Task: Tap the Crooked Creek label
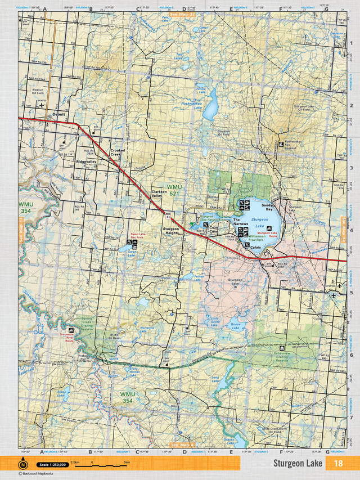point(118,152)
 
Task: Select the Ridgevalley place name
point(86,162)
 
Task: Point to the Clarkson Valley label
point(159,194)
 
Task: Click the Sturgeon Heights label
point(171,231)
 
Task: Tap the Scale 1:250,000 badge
point(52,464)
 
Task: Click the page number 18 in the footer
point(338,463)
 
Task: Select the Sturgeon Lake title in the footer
point(298,463)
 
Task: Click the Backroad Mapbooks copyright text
point(39,474)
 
